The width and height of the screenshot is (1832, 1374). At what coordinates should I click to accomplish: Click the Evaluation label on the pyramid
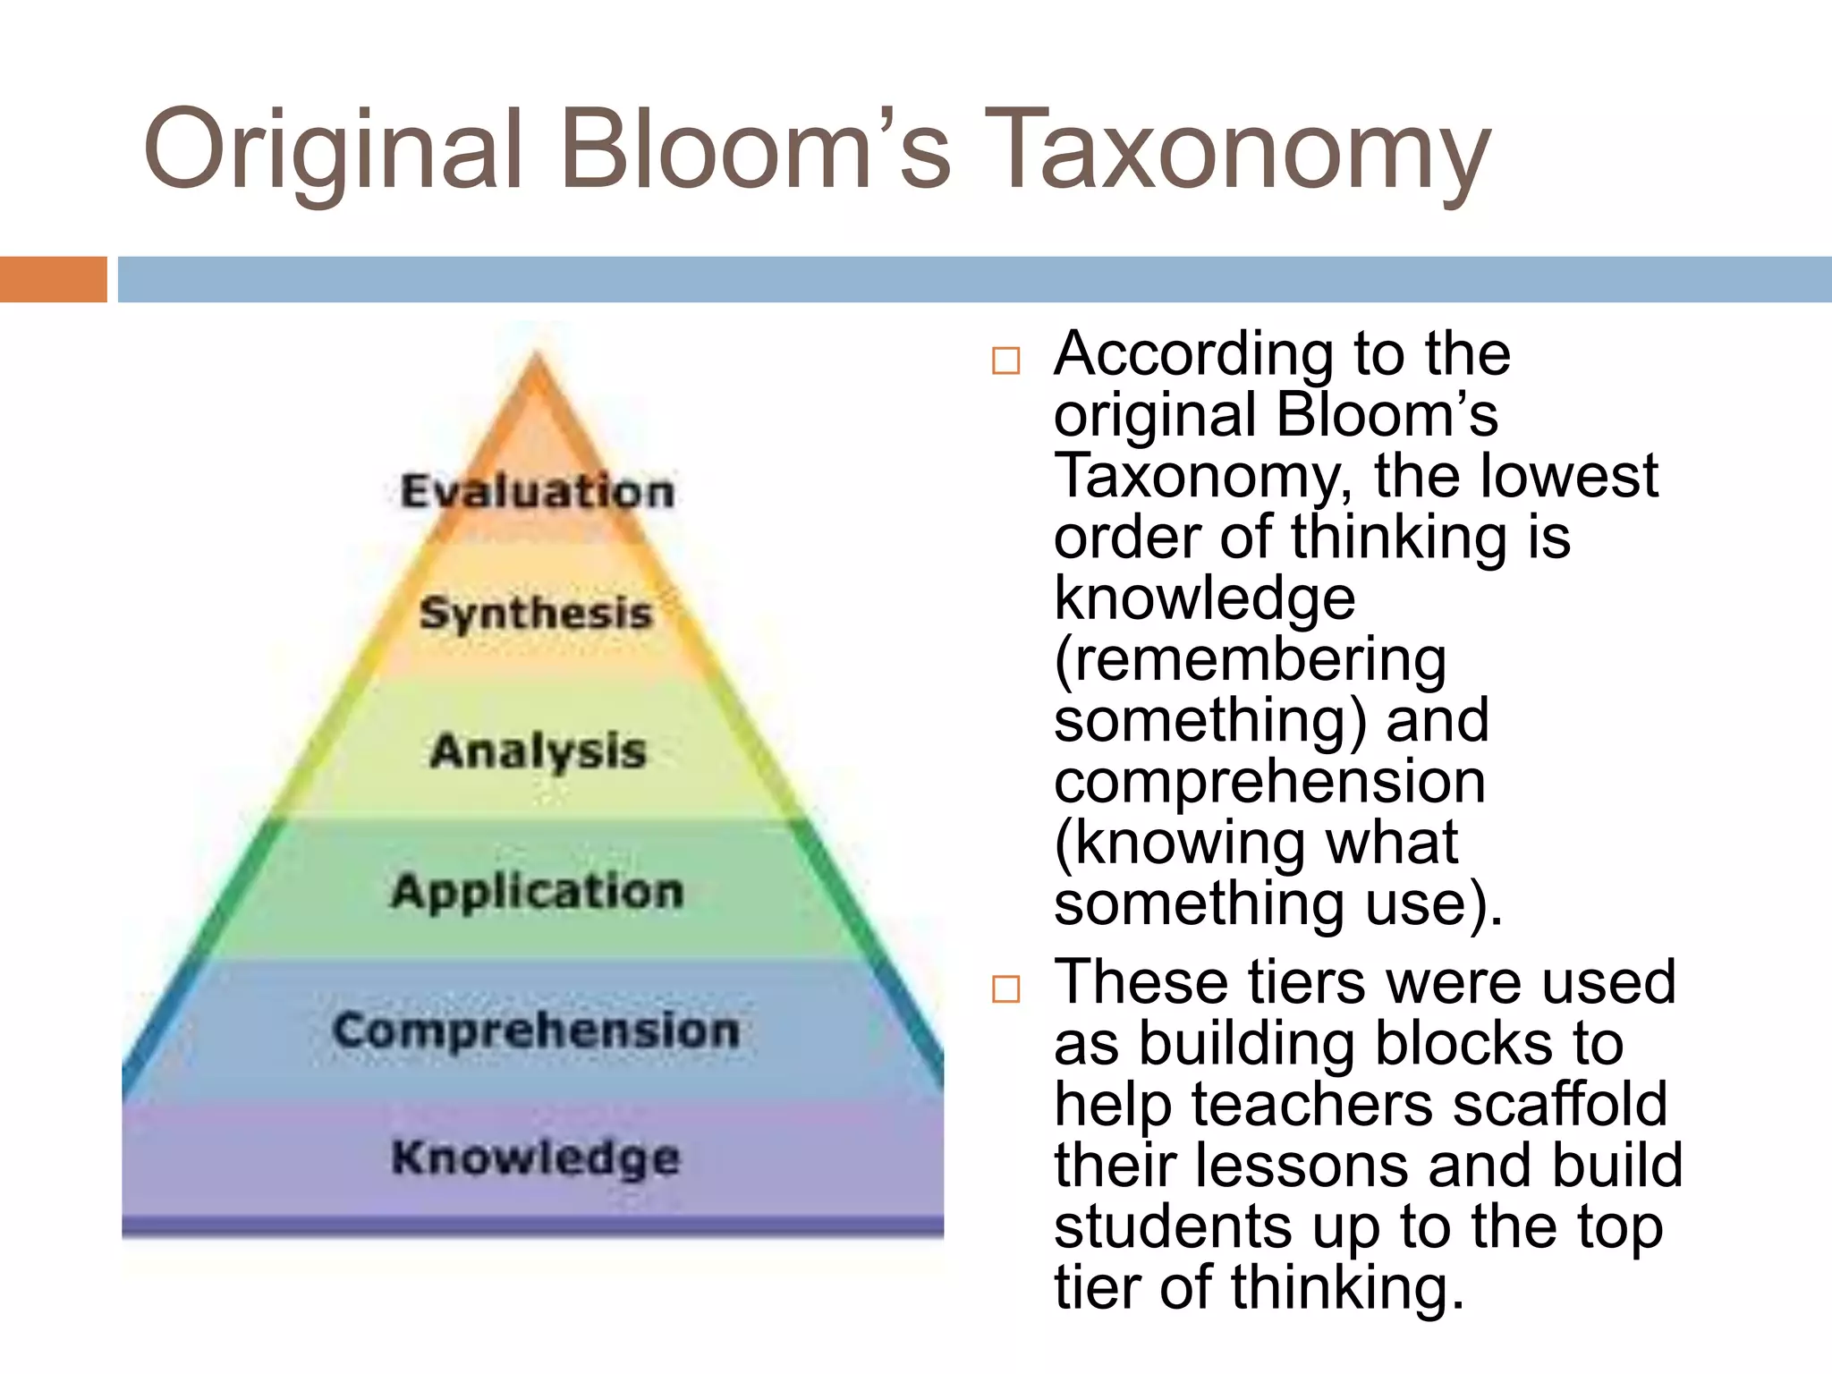(537, 491)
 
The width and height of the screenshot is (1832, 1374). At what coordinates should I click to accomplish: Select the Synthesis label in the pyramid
(537, 614)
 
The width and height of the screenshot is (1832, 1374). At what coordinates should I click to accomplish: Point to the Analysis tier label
(538, 751)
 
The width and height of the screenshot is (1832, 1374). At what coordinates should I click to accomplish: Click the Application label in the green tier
(538, 891)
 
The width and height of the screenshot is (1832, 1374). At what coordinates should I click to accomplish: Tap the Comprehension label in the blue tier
(537, 1030)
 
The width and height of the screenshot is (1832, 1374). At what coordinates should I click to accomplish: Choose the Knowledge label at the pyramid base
(536, 1158)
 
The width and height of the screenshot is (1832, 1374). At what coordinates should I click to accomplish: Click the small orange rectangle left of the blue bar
(53, 279)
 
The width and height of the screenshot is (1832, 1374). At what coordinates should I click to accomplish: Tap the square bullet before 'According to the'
(1005, 360)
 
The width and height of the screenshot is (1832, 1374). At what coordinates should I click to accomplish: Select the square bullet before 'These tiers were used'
(1005, 988)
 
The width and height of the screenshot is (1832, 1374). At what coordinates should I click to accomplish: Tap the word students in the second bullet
(1173, 1227)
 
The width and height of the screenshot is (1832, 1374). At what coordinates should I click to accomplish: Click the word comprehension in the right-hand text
(1269, 782)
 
